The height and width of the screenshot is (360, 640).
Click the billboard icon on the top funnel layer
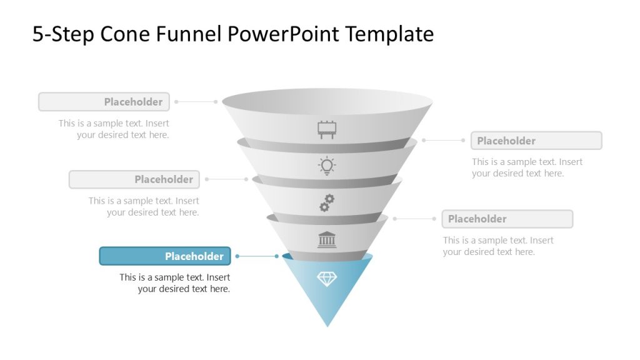(x=327, y=130)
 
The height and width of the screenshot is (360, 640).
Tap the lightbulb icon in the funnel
(x=327, y=166)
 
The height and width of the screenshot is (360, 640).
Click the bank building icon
(x=327, y=239)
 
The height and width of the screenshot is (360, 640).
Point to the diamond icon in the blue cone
(x=327, y=279)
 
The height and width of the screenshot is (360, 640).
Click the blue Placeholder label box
(x=165, y=256)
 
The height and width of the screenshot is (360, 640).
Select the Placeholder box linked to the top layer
(x=104, y=102)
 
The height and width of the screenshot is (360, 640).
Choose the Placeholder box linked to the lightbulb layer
(x=536, y=141)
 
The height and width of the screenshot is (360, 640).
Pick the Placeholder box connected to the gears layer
(x=134, y=179)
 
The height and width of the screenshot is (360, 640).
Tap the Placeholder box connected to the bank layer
(x=507, y=219)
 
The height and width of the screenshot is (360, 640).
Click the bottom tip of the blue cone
(x=327, y=324)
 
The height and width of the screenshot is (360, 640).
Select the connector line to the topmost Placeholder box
(x=196, y=101)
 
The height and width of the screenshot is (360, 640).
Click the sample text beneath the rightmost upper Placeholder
(x=526, y=167)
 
